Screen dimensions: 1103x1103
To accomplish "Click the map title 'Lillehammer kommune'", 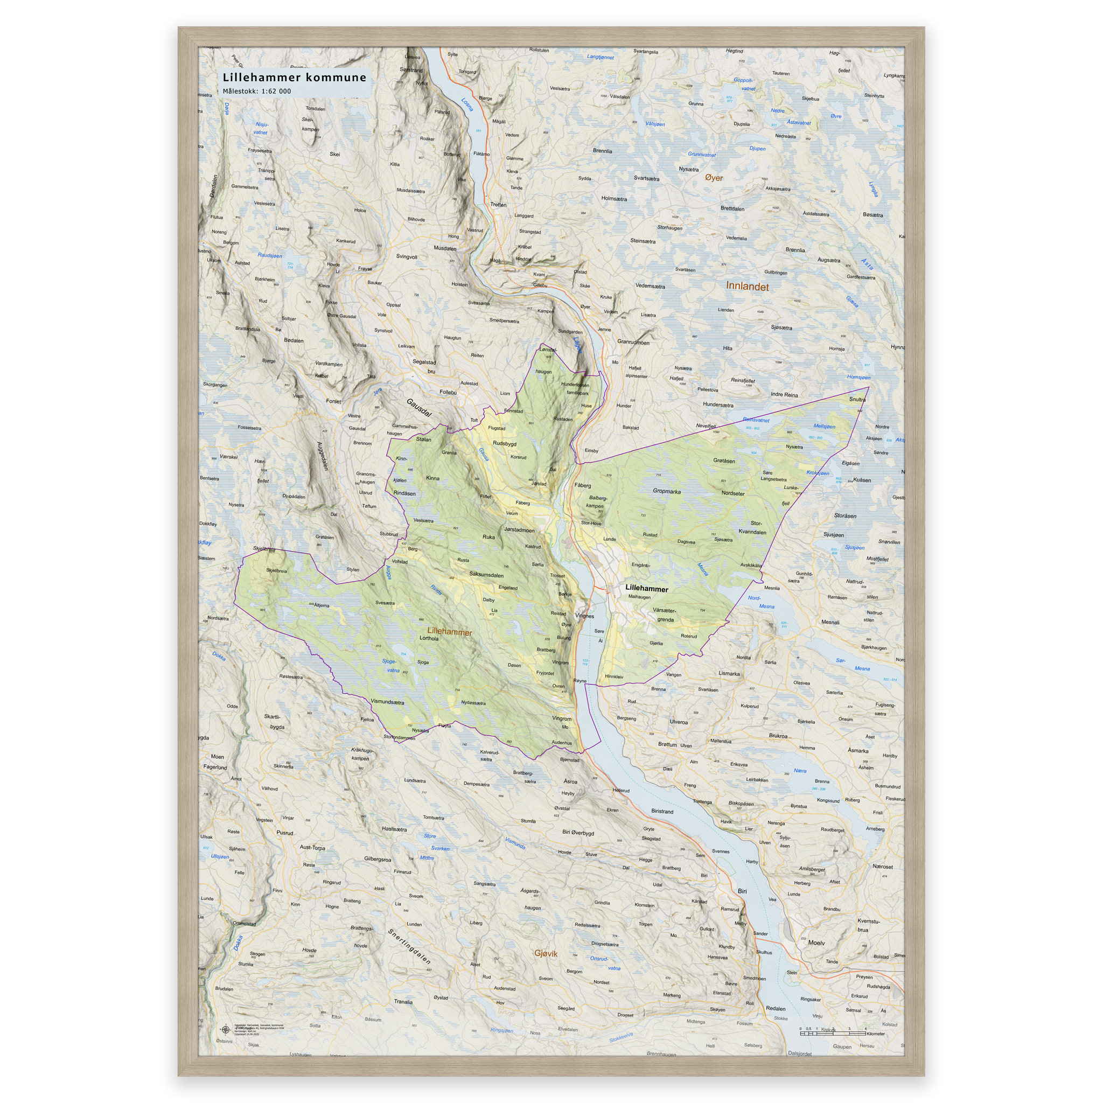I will (294, 77).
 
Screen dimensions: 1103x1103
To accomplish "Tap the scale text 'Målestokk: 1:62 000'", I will (256, 91).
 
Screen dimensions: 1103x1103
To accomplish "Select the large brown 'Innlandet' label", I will (747, 287).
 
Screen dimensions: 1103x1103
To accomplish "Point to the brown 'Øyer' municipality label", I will (713, 178).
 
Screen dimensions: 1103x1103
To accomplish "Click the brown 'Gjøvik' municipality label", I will (545, 953).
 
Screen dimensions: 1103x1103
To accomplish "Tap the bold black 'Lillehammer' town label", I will (646, 588).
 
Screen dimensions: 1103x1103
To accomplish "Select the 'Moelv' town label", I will (816, 943).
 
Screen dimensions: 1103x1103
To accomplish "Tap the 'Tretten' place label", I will (498, 204).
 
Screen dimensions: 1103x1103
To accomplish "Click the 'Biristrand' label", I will (662, 811).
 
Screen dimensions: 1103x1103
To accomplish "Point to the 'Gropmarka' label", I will (666, 491).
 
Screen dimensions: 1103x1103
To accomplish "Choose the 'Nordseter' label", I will (732, 493).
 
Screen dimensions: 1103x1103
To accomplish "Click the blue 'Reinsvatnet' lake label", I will (757, 420).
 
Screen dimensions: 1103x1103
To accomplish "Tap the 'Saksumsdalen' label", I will (486, 575).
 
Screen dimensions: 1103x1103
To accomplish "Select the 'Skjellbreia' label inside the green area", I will (276, 570).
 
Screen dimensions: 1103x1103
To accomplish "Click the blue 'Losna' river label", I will (467, 104).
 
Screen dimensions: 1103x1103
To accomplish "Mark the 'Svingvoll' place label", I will (407, 257).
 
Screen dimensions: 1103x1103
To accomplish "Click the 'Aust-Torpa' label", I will (312, 847).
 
